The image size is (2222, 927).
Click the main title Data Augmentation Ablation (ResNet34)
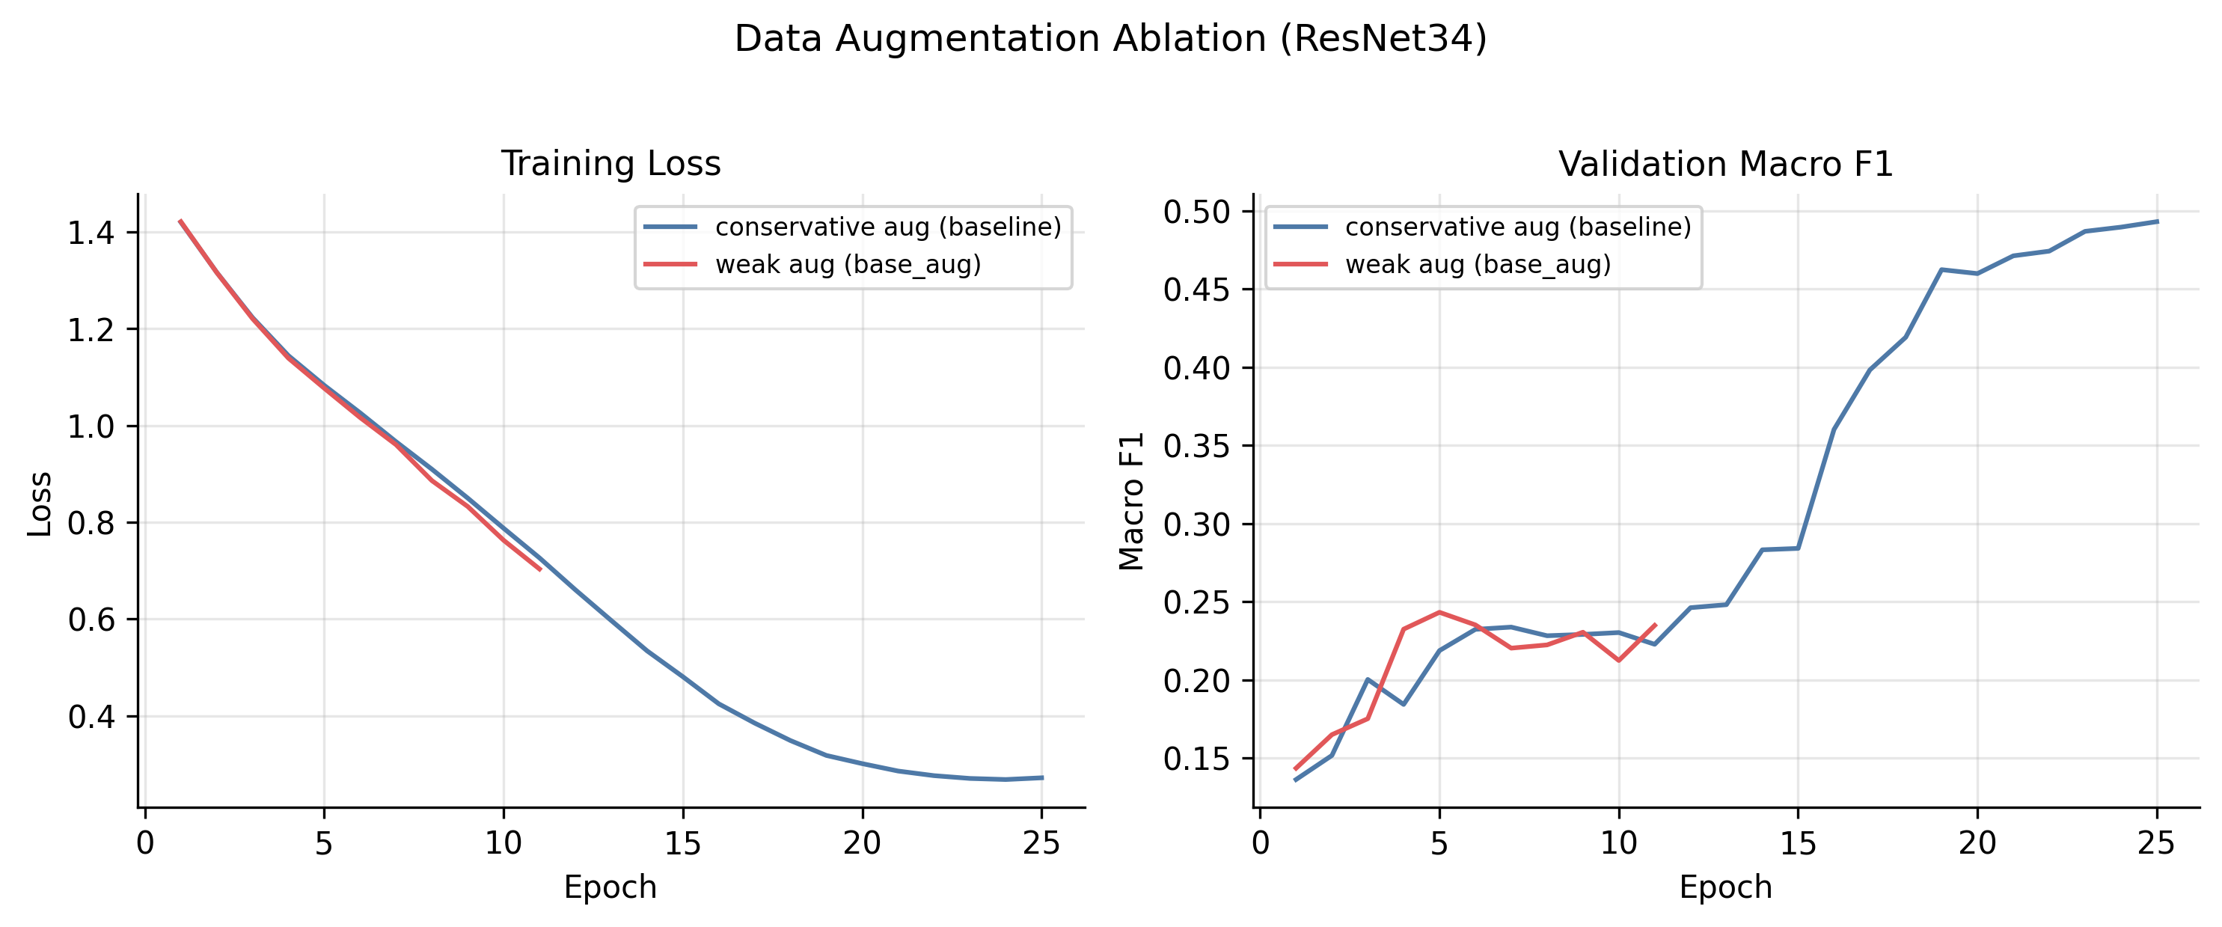1110,40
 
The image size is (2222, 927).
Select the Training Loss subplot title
610,164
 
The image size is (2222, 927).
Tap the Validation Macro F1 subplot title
1725,164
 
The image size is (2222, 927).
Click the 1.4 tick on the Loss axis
91,233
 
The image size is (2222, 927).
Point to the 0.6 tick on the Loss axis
91,619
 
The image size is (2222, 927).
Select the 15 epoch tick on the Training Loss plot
682,842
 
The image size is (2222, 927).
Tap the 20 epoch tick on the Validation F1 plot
1977,842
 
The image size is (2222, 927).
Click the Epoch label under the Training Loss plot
610,887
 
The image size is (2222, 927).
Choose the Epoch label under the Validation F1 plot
1725,887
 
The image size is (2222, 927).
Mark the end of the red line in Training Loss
540,569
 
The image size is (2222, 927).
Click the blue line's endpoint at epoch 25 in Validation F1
2156,221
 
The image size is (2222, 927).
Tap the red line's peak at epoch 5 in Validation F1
1439,612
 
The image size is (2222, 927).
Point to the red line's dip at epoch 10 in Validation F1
1618,661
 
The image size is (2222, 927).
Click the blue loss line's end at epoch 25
1042,778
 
